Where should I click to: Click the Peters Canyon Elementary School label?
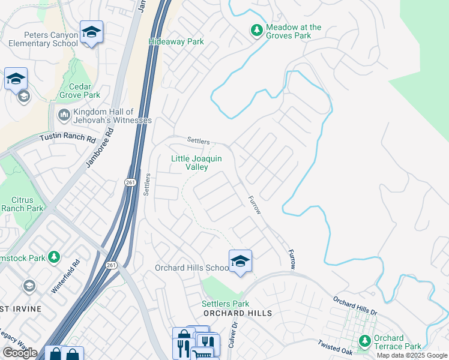pos(43,40)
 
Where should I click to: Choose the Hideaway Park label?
pos(176,42)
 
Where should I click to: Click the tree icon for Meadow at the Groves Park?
pos(257,30)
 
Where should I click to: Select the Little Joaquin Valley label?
pos(197,163)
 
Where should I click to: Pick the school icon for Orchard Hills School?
pos(240,261)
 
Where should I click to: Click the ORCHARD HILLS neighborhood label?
pos(237,313)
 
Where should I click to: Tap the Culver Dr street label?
pos(233,335)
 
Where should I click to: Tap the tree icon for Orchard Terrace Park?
pos(364,341)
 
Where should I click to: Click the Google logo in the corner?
pos(19,353)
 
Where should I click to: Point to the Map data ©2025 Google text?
pos(411,355)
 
